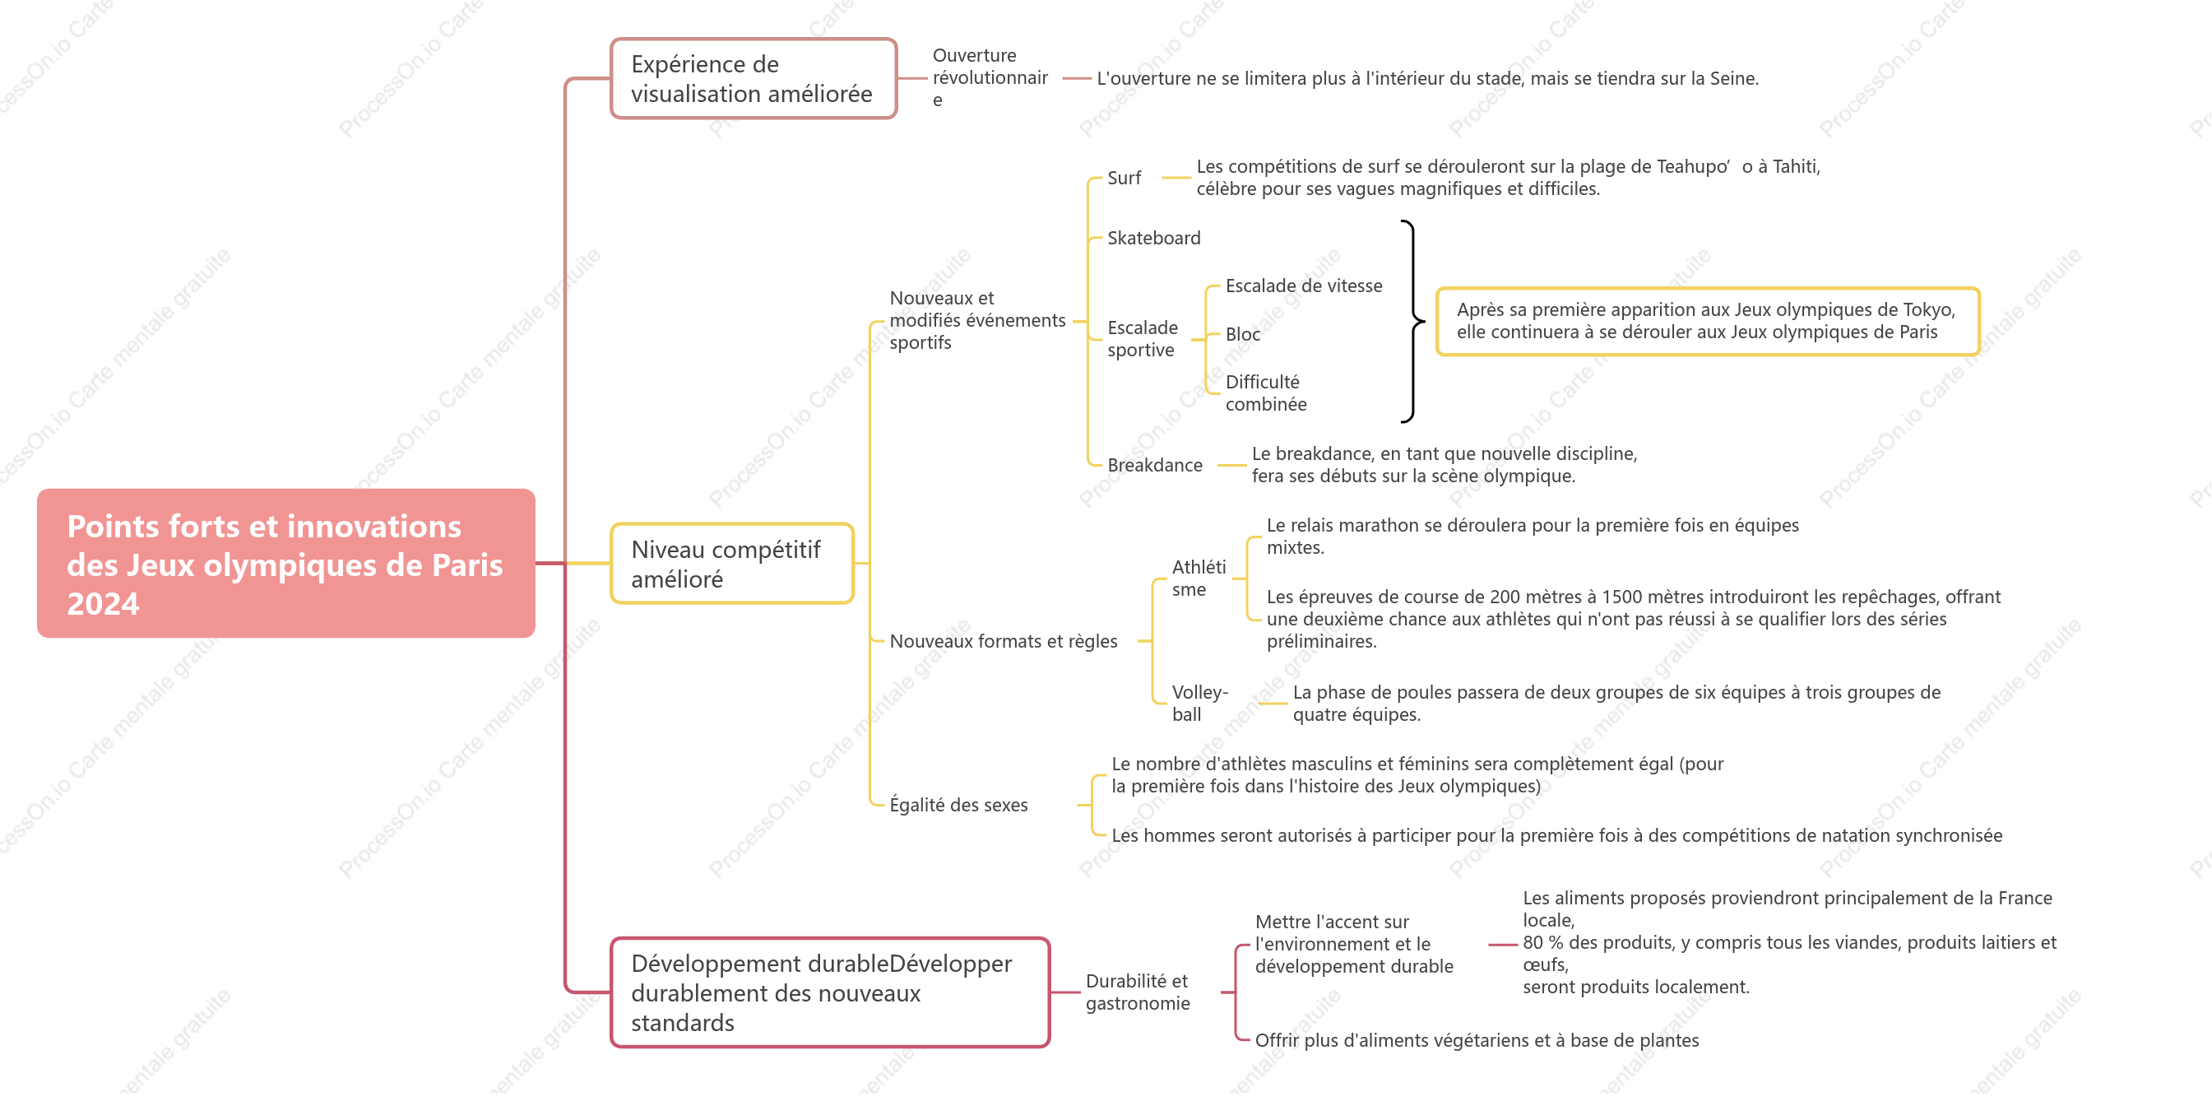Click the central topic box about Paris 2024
pos(286,564)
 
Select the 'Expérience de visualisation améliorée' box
pos(753,78)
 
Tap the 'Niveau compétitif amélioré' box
pos(731,564)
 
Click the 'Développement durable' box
pos(829,992)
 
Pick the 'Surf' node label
pos(1123,178)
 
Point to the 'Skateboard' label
pos(1153,238)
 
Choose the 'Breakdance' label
pos(1154,465)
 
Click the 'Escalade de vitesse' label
pos(1304,286)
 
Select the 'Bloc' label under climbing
pos(1242,334)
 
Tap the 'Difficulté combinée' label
pos(1266,393)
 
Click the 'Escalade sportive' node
pos(1142,338)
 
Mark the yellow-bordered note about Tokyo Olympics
pos(1707,321)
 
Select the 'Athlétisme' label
pos(1199,578)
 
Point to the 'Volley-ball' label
pos(1199,704)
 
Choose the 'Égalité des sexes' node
pos(958,805)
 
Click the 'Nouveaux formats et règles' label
pos(1003,641)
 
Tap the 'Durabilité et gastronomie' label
pos(1137,992)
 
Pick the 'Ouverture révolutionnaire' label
pos(990,78)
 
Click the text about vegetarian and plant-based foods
pos(1477,1040)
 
